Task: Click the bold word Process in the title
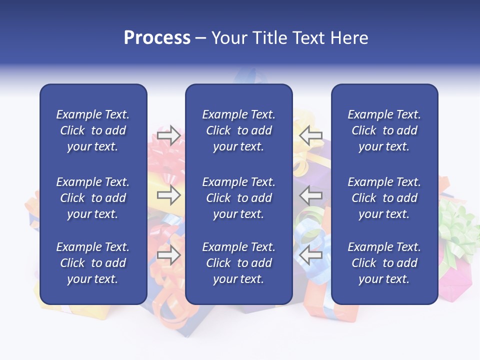[x=157, y=38]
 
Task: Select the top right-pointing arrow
[x=168, y=135]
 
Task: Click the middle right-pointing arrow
[x=168, y=195]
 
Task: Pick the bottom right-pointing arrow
[x=168, y=255]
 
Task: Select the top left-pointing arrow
[x=311, y=135]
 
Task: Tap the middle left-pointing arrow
[x=311, y=195]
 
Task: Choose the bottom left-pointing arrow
[x=311, y=255]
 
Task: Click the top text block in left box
[x=93, y=130]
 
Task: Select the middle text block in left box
[x=93, y=198]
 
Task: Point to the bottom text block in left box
[x=93, y=263]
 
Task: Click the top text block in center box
[x=238, y=130]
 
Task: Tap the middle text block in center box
[x=238, y=198]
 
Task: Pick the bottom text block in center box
[x=238, y=263]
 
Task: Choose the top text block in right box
[x=384, y=130]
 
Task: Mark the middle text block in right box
[x=384, y=198]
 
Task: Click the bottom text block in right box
[x=384, y=263]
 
